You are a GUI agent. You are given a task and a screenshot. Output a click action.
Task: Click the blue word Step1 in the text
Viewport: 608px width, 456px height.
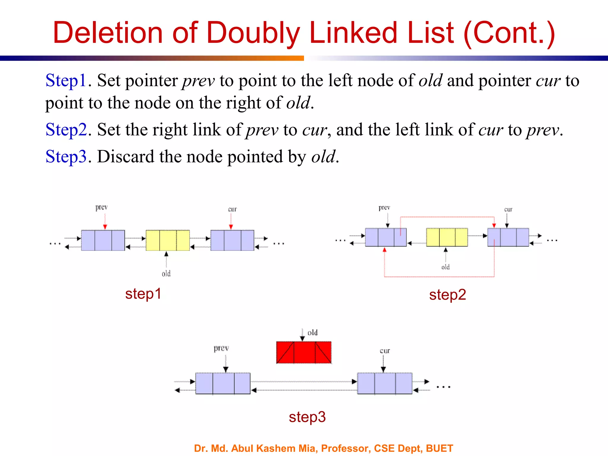(66, 80)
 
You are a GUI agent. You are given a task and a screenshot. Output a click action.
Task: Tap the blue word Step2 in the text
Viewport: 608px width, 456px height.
(66, 130)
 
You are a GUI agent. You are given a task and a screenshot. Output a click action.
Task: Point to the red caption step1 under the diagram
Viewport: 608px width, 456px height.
(143, 294)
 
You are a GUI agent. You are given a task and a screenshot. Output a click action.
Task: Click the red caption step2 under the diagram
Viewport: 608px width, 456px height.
(447, 295)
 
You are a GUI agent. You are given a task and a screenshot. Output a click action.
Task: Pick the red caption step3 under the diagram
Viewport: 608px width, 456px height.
(307, 417)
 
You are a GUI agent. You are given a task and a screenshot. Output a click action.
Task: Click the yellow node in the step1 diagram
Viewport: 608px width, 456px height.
(168, 240)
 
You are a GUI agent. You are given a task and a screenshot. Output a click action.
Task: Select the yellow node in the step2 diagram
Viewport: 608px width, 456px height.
(447, 237)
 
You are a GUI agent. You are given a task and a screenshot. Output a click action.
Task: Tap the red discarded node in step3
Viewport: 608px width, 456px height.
(304, 352)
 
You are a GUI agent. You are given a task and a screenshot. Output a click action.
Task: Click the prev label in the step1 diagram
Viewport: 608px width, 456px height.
(102, 207)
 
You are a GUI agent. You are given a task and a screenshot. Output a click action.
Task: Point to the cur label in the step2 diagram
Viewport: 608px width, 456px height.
(508, 209)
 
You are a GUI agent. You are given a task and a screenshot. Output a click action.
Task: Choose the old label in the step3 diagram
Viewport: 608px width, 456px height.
(313, 332)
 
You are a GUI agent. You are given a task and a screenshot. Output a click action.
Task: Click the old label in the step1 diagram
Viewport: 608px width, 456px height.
(166, 273)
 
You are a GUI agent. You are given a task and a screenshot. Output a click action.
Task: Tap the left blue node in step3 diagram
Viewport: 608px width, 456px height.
(223, 383)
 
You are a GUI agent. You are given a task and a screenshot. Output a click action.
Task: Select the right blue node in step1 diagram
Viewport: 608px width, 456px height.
(232, 240)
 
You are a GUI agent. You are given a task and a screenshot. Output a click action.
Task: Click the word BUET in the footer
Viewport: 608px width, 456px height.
(439, 448)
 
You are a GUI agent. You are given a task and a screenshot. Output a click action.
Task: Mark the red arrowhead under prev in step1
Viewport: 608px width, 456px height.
(105, 227)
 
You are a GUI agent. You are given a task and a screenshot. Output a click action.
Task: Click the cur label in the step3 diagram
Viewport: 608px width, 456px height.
(385, 351)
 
